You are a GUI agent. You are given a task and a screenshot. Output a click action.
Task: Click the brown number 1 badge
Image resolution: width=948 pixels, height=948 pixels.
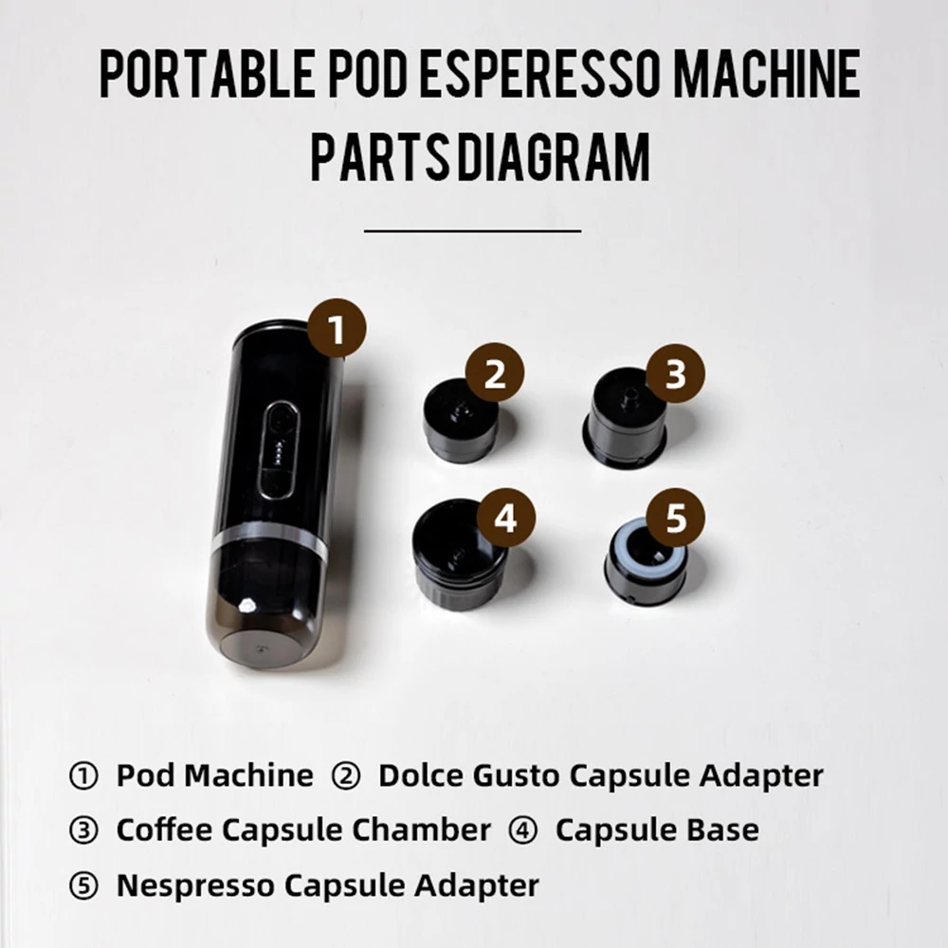(337, 328)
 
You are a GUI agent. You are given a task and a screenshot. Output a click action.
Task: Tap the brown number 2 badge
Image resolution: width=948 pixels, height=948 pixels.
(495, 373)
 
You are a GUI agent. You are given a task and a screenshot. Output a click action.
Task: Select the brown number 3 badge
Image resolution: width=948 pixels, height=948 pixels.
(675, 374)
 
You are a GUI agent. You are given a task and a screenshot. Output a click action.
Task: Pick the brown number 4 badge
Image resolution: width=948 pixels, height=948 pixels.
(505, 518)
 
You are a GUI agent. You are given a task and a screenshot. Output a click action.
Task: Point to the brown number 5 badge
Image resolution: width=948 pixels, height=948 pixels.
(675, 518)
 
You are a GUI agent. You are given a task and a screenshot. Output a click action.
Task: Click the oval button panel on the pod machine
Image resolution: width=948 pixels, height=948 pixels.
(279, 451)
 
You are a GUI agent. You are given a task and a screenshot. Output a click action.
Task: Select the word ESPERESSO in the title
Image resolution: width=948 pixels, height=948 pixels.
(539, 74)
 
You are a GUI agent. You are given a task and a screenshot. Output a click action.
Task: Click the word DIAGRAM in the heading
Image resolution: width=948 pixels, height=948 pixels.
(554, 157)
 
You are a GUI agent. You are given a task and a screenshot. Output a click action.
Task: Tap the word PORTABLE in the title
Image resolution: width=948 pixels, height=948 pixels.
(208, 74)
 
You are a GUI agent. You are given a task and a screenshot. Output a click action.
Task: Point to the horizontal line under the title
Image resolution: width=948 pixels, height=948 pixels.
(473, 231)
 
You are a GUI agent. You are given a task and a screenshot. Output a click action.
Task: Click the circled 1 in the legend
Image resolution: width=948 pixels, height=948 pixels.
(83, 776)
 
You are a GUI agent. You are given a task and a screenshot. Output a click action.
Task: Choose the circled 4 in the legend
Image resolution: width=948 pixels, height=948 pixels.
(523, 830)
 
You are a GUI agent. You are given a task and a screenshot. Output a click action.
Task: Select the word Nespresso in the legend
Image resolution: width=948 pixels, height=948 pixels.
(195, 885)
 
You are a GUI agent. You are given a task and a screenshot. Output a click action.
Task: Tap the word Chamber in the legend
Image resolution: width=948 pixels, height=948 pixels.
(422, 829)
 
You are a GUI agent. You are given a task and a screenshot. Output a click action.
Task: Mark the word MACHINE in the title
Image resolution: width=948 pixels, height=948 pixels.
(766, 74)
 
